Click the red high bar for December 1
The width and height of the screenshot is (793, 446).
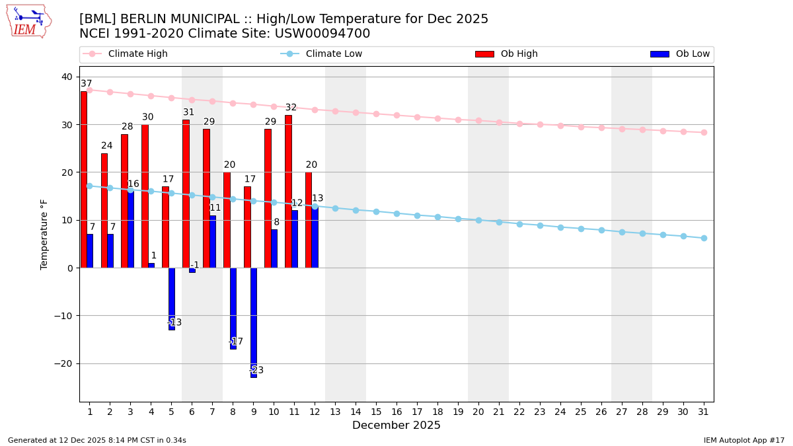[x=83, y=179]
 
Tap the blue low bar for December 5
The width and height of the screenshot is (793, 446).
[x=172, y=299]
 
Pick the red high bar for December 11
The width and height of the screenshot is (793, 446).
[x=288, y=191]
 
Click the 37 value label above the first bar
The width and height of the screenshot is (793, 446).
[x=87, y=84]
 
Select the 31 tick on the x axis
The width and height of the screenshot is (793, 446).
[x=704, y=411]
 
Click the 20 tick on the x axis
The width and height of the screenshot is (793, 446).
[x=478, y=411]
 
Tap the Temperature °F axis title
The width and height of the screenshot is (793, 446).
[x=44, y=234]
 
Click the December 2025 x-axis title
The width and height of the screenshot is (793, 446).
[x=397, y=426]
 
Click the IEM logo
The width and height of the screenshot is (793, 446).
[x=29, y=21]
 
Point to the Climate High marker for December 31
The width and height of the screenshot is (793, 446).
[x=704, y=132]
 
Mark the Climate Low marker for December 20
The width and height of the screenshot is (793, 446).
[x=478, y=220]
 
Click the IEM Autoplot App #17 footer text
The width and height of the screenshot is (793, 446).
[x=744, y=440]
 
